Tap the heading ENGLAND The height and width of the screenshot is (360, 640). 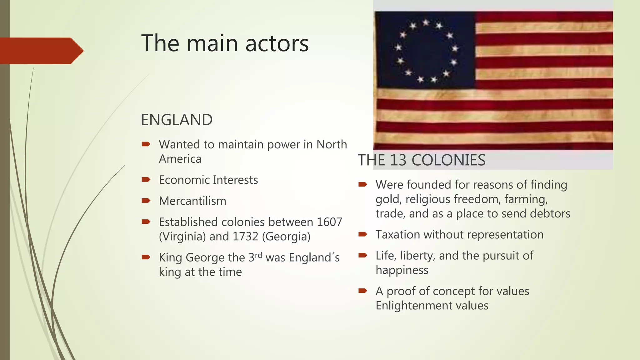[x=177, y=120]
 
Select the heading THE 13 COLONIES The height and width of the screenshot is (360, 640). [x=421, y=160]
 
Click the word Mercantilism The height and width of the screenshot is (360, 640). [x=192, y=201]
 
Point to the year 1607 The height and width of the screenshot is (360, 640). [x=329, y=222]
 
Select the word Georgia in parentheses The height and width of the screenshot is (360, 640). [x=286, y=237]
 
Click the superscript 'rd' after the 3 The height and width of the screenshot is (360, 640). [x=258, y=255]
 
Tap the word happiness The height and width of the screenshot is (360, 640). [x=402, y=270]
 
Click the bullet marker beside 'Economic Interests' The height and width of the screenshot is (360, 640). [x=146, y=180]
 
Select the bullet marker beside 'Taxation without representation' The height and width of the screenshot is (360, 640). [x=362, y=234]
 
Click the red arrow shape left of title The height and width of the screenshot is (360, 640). [x=41, y=51]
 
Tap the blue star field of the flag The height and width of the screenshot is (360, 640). [x=425, y=50]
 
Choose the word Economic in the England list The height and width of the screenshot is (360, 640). [x=184, y=180]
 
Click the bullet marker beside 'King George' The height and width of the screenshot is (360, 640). [x=146, y=257]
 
